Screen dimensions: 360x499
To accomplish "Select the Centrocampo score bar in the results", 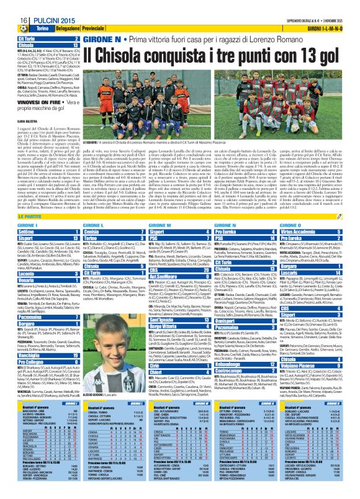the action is [246, 353].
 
